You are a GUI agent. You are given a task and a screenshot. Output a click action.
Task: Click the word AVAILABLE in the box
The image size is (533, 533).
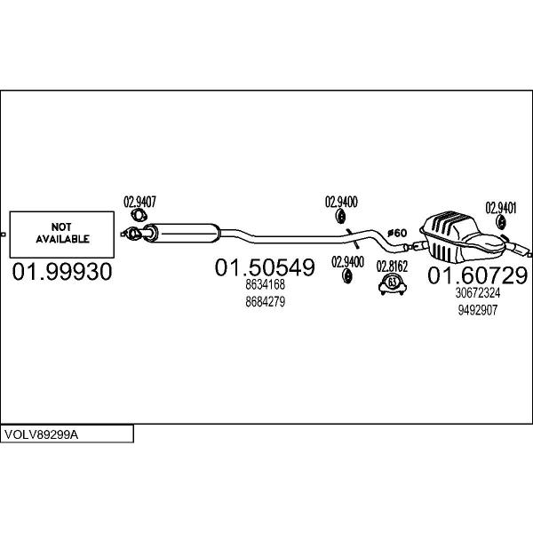62,239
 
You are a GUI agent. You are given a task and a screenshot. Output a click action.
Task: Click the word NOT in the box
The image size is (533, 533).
62,227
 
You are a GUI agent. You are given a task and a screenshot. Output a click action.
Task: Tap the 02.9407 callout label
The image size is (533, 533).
139,202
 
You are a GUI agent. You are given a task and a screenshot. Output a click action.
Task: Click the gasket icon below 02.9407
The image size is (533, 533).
139,216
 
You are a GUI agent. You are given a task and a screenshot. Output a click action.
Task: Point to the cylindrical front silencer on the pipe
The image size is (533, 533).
181,233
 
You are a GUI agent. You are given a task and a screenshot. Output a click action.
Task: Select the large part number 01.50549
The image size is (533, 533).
264,266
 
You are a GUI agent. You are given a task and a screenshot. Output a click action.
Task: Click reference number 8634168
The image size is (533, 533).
264,285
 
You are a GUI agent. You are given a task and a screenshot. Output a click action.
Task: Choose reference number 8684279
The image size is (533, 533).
264,302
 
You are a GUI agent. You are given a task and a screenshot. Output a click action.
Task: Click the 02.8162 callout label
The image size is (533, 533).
392,266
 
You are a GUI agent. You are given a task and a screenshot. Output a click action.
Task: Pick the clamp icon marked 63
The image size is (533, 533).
392,283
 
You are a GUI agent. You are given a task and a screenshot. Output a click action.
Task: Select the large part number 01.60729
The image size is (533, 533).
478,275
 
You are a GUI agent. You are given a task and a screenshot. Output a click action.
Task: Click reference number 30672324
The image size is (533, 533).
477,293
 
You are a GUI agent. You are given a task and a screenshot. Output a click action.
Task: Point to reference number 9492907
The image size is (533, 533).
477,310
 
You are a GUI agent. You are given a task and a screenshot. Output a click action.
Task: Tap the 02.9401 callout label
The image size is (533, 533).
501,208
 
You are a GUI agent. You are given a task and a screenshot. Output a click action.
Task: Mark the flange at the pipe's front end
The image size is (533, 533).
129,235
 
